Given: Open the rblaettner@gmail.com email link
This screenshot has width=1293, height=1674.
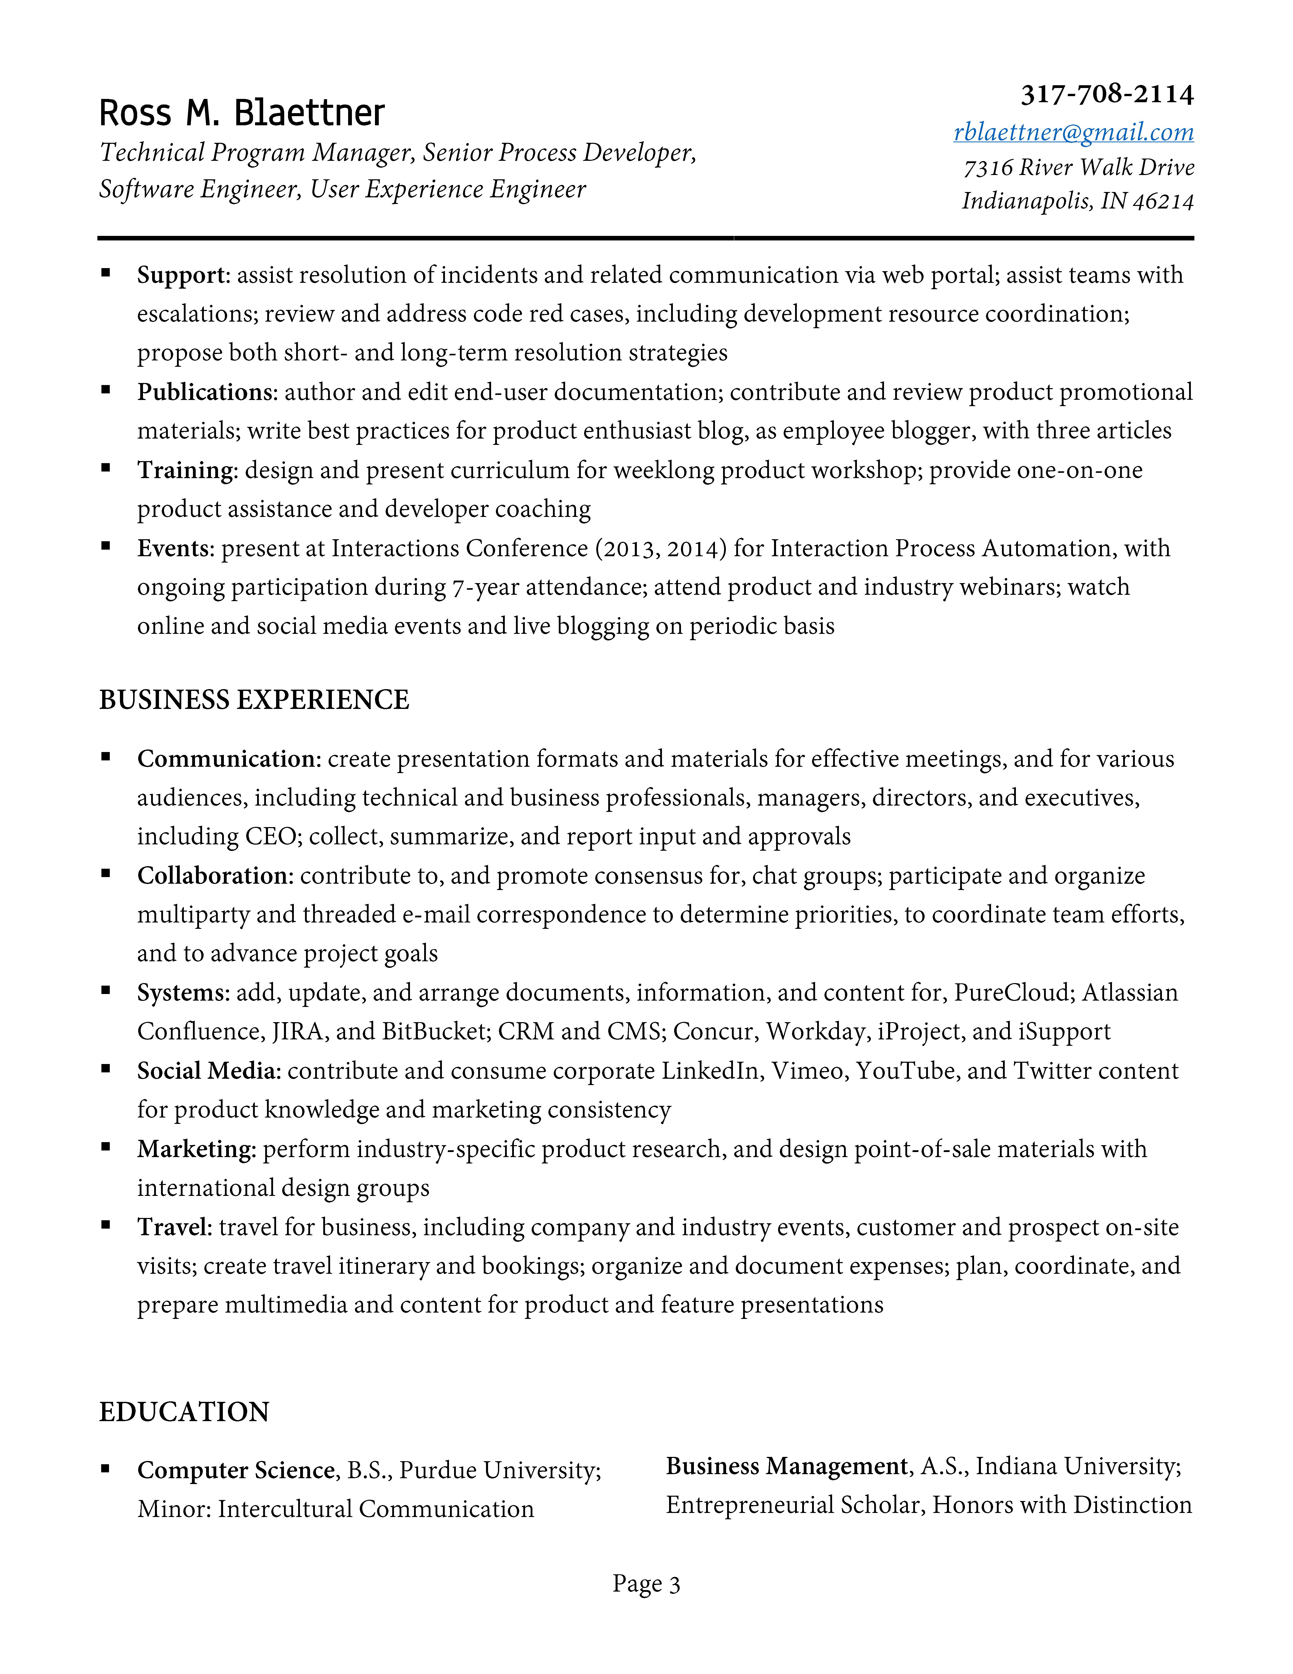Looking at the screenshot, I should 1073,132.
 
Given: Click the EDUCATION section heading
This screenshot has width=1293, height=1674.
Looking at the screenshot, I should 184,1412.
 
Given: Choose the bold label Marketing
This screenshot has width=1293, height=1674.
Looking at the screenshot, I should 195,1149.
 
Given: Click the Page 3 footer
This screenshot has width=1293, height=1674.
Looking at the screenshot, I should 646,1583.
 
